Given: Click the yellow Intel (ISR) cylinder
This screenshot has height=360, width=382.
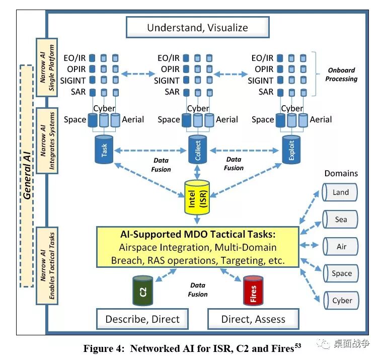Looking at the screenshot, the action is point(197,198).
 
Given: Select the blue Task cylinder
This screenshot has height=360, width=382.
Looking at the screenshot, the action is point(104,150).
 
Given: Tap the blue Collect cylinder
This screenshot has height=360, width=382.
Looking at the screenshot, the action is point(198,150).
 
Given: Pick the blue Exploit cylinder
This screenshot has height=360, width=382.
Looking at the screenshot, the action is point(291,150).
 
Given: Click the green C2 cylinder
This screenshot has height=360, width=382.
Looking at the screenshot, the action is point(143,291).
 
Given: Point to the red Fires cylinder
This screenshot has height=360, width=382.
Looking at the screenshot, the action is point(253,291).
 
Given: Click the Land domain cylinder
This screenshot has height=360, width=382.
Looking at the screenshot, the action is point(340,192).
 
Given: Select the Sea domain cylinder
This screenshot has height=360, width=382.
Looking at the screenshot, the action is point(340,220).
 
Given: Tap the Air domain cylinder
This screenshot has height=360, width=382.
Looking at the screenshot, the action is point(341,246).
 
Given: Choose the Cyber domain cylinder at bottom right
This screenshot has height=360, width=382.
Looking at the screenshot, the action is point(341,300).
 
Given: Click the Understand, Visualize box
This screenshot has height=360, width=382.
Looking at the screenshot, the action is point(198,27).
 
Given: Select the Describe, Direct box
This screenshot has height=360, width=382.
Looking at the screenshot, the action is point(142,319).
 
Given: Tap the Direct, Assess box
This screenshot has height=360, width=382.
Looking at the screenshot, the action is point(253,319).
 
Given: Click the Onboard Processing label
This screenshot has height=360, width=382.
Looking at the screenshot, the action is point(341,75).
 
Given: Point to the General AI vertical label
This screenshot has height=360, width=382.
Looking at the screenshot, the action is point(27,176).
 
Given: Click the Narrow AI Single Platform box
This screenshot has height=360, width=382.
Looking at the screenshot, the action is point(47,67).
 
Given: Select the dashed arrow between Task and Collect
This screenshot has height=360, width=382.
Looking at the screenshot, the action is point(150,151).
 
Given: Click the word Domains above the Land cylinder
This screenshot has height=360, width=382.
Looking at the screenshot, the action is point(341,173).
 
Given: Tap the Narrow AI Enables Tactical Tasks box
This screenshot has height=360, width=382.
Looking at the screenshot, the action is point(47,266).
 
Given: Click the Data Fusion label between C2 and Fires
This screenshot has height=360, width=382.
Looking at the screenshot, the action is point(198,290).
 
